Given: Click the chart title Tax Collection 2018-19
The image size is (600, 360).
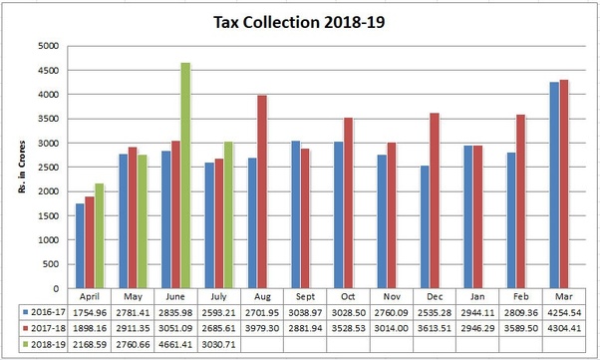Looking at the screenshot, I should point(299,21).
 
